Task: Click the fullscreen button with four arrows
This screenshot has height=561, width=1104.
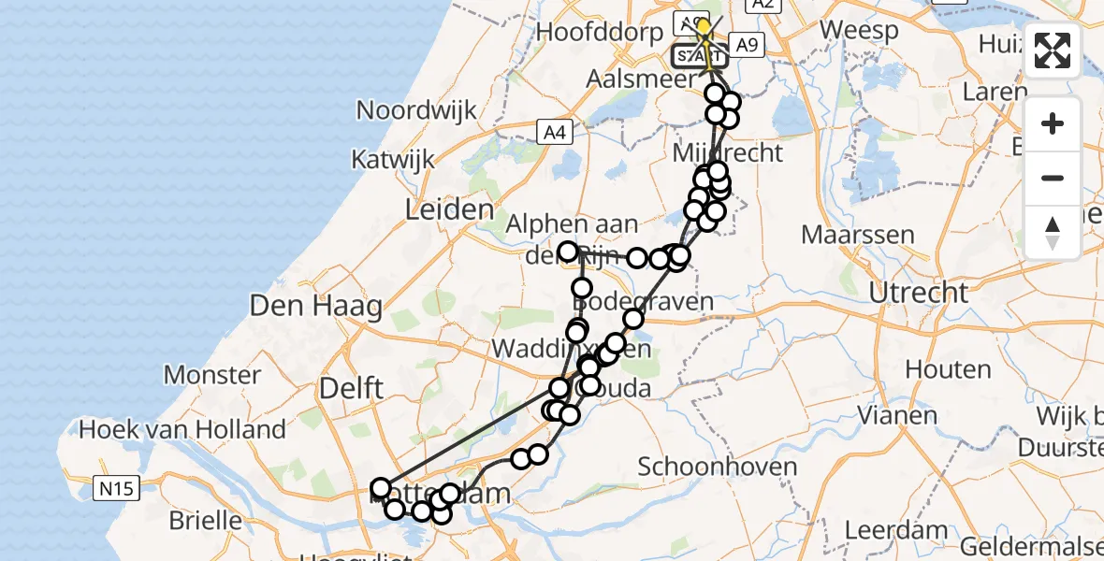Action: click(x=1053, y=50)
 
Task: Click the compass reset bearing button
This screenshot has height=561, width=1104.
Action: click(x=1053, y=232)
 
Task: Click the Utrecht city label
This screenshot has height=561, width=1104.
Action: click(x=918, y=293)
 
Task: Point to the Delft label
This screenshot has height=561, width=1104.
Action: click(x=352, y=387)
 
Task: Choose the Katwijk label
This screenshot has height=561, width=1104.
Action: click(x=393, y=159)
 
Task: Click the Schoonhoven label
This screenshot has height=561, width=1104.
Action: click(x=718, y=466)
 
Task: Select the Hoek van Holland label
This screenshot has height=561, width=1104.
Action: click(x=182, y=430)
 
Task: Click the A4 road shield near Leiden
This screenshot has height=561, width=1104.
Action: click(x=555, y=133)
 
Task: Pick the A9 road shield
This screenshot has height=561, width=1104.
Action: click(x=746, y=44)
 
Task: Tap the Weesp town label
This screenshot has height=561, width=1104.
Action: click(x=859, y=29)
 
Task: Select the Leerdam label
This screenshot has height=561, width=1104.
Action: click(x=893, y=529)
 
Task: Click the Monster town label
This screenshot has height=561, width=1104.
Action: click(x=212, y=375)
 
